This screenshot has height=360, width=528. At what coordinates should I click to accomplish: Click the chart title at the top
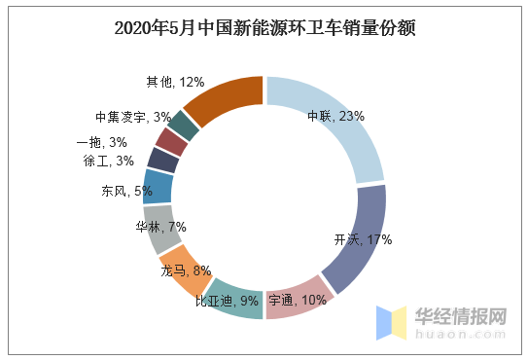264,28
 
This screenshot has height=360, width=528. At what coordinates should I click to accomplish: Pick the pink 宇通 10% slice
298,298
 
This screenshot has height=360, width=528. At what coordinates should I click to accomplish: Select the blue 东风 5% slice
158,187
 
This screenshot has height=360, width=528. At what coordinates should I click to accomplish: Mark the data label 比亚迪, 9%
227,302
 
